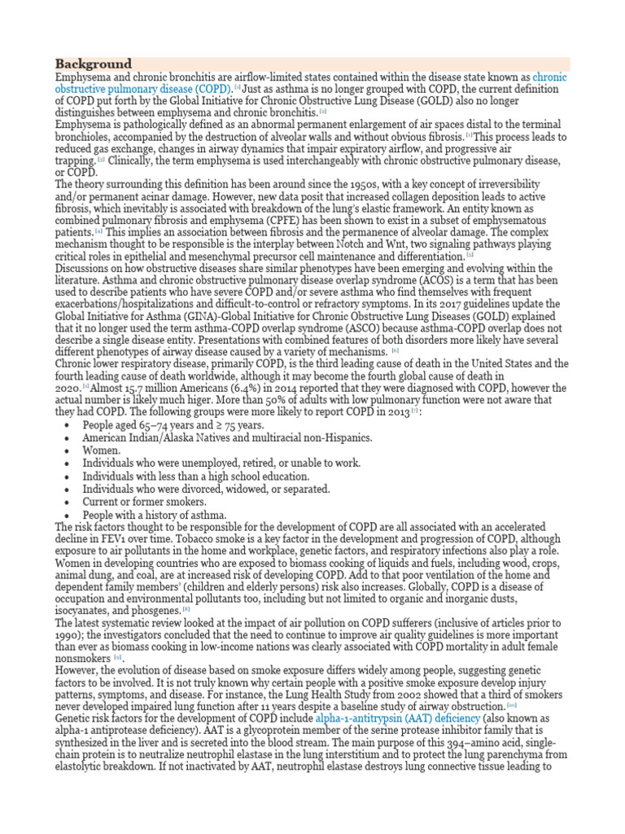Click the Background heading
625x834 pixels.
(93, 64)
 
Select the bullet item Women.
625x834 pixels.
(102, 450)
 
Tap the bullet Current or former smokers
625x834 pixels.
(144, 503)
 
